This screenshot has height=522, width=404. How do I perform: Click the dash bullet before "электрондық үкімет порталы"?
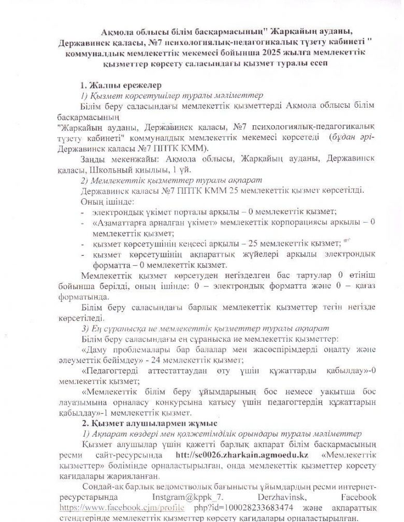tap(83, 211)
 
